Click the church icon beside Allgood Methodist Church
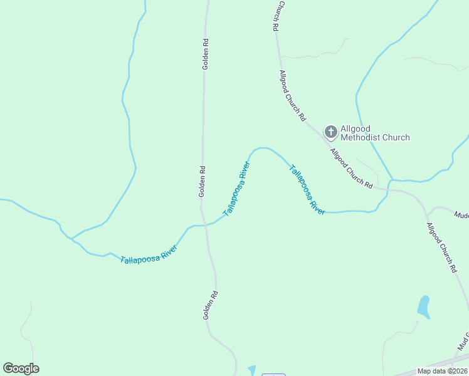click(x=330, y=132)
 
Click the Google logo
click(x=21, y=368)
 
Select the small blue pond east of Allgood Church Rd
click(x=424, y=306)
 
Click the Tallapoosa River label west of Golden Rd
click(x=149, y=253)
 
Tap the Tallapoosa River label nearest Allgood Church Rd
click(x=307, y=190)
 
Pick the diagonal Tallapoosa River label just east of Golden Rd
click(x=236, y=189)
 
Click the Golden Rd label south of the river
click(x=209, y=305)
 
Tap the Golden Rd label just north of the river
click(x=202, y=181)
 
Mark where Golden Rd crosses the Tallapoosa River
click(x=204, y=224)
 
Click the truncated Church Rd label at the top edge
click(x=275, y=16)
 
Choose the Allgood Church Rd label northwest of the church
click(x=293, y=95)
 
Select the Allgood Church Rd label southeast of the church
click(x=351, y=169)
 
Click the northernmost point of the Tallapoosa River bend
click(x=263, y=148)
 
